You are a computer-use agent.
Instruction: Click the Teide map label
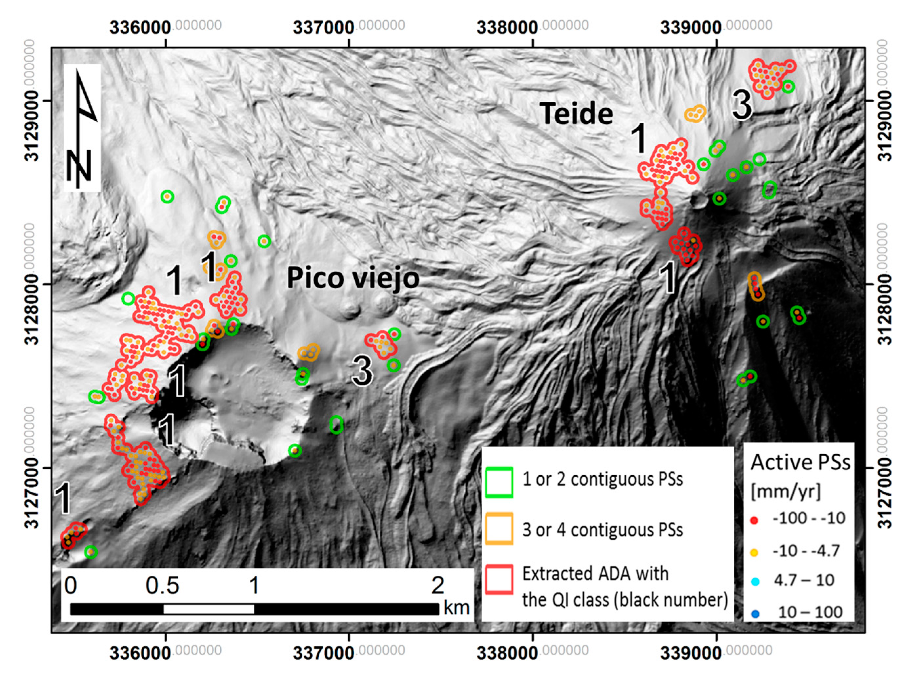point(576,113)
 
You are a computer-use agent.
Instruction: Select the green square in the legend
point(499,482)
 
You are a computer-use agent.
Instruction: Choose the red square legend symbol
point(499,580)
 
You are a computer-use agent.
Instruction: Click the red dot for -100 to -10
point(755,521)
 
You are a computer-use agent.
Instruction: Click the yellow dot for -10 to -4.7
point(755,552)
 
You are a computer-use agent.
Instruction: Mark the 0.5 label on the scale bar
point(162,586)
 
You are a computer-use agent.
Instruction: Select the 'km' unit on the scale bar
point(456,608)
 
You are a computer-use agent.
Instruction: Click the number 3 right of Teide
point(742,106)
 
